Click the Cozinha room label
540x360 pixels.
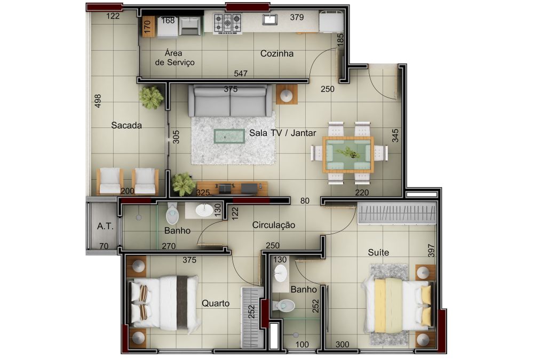click(277, 54)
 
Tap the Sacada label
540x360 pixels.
click(126, 125)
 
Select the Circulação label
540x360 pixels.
click(273, 226)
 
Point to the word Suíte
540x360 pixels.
click(378, 252)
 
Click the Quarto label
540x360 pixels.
click(216, 303)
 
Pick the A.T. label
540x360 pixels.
click(105, 226)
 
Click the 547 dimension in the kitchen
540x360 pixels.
click(240, 73)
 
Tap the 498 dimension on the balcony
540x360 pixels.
click(98, 101)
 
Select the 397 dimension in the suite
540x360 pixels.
click(431, 251)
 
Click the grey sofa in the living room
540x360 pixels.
click(229, 101)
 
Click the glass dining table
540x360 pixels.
click(348, 155)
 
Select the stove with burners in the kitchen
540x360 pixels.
click(227, 23)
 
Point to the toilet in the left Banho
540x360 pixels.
click(172, 214)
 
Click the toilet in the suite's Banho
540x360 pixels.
click(284, 305)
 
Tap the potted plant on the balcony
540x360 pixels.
click(151, 97)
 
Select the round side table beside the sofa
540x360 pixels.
click(287, 94)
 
